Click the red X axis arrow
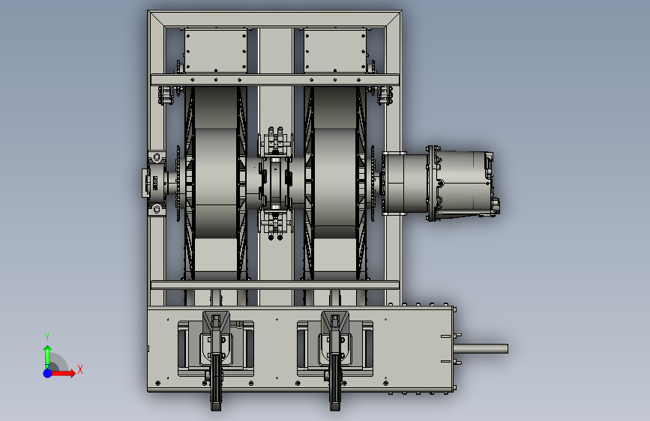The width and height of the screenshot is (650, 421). tap(62, 373)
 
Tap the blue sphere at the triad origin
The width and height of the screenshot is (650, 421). tap(48, 373)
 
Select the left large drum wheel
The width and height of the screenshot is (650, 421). tap(216, 182)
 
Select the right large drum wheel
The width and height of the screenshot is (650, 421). tap(335, 182)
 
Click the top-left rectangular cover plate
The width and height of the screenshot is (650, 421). tap(216, 51)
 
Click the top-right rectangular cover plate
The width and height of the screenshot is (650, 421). tap(335, 51)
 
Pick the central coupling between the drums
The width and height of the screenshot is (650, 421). tap(275, 182)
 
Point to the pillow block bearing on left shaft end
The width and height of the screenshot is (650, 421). tap(154, 183)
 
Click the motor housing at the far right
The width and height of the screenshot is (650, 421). tap(463, 183)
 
